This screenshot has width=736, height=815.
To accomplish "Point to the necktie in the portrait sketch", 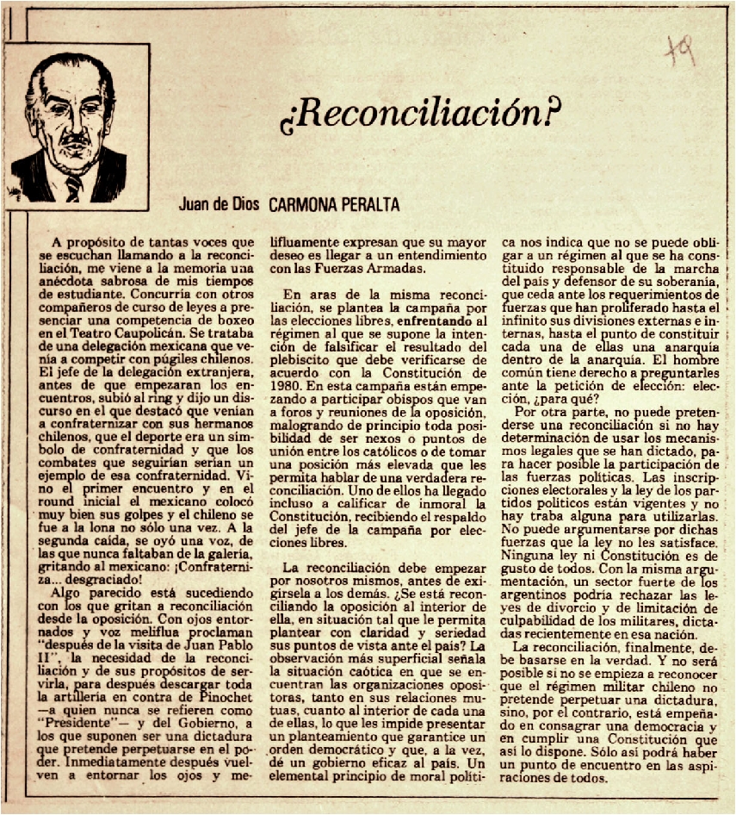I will click(x=74, y=186).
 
